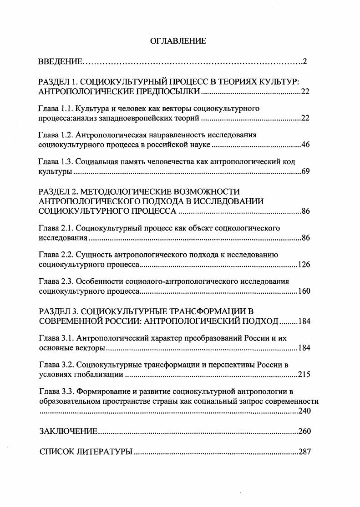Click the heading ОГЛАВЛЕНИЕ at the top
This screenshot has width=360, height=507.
pos(178,41)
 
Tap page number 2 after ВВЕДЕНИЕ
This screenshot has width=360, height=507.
pos(305,61)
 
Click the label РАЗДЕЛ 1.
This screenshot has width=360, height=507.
pos(59,82)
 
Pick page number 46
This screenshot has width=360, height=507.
pos(305,145)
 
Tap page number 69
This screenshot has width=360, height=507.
pos(305,172)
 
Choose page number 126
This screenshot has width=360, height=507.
pos(304,264)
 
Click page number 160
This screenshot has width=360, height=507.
pos(304,291)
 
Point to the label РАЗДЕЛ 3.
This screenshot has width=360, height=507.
pos(59,311)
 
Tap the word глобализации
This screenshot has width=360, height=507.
pos(100,375)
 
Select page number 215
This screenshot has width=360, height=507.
pos(304,375)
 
